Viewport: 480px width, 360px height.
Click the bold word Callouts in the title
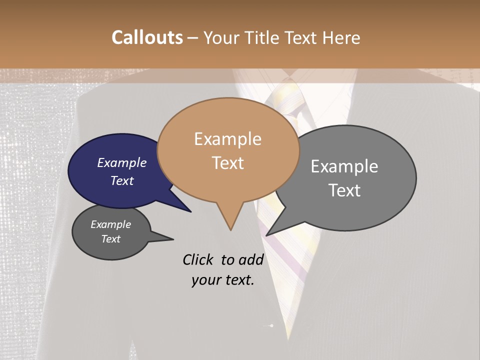point(147,37)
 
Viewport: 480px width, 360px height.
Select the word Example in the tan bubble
point(227,139)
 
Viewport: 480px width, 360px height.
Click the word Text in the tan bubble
point(227,163)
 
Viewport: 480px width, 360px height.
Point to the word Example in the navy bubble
point(122,162)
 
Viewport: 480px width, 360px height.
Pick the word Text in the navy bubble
point(122,180)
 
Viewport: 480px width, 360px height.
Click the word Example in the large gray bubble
point(344,166)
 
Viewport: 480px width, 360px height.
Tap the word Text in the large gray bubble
point(344,190)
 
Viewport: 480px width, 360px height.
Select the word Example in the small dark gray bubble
point(111,224)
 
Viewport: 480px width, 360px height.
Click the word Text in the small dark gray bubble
point(111,239)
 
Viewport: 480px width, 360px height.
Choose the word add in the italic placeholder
point(250,259)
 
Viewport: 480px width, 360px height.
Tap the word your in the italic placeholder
point(205,280)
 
